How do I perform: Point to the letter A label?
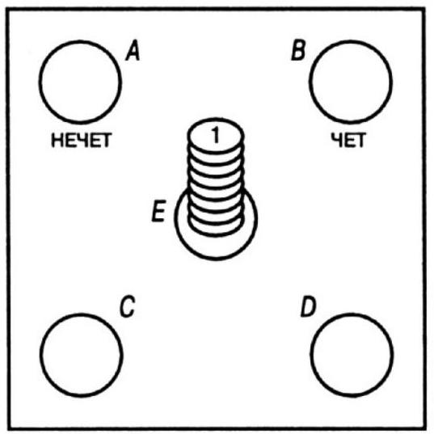click(x=133, y=50)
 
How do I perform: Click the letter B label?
click(x=298, y=50)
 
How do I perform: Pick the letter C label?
click(x=127, y=306)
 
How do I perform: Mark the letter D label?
click(x=308, y=306)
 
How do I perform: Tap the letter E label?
click(x=159, y=211)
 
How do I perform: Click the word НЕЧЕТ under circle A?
click(x=82, y=140)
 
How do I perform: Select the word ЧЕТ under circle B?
click(x=349, y=140)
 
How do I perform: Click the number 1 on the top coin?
click(x=215, y=135)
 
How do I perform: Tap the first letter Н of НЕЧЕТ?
click(x=57, y=140)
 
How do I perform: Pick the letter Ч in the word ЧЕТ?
click(x=336, y=140)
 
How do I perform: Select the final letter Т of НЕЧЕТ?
click(x=106, y=140)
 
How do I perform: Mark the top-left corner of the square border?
click(x=7, y=10)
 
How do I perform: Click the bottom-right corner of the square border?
click(x=425, y=428)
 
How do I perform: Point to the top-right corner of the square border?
click(x=424, y=10)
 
